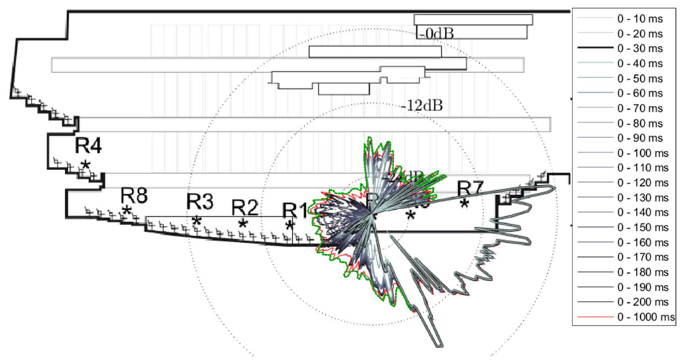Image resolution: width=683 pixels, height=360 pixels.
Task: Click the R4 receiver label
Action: click(88, 146)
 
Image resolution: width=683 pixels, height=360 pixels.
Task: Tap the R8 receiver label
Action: click(134, 195)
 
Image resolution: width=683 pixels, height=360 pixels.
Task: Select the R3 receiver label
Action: click(200, 202)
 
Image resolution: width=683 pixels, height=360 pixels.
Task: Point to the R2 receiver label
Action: click(245, 207)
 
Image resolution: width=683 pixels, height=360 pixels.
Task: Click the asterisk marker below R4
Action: click(85, 165)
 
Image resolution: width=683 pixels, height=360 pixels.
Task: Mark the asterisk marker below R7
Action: click(464, 203)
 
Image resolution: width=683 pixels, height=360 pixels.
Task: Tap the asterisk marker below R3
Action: click(197, 221)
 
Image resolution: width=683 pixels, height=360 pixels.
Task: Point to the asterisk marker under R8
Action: click(127, 210)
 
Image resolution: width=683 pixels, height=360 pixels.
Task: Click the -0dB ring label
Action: click(436, 33)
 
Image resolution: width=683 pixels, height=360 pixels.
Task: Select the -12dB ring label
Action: click(422, 105)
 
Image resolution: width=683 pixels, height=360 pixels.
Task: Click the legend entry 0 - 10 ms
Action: click(639, 19)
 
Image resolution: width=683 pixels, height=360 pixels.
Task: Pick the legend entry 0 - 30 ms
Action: click(639, 48)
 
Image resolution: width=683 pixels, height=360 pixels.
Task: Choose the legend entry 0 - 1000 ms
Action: click(644, 316)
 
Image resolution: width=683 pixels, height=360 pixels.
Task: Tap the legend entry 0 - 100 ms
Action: click(642, 153)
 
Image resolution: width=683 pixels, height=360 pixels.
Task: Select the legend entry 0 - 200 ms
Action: click(642, 301)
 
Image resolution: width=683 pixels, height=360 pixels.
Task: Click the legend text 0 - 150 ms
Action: click(642, 227)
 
